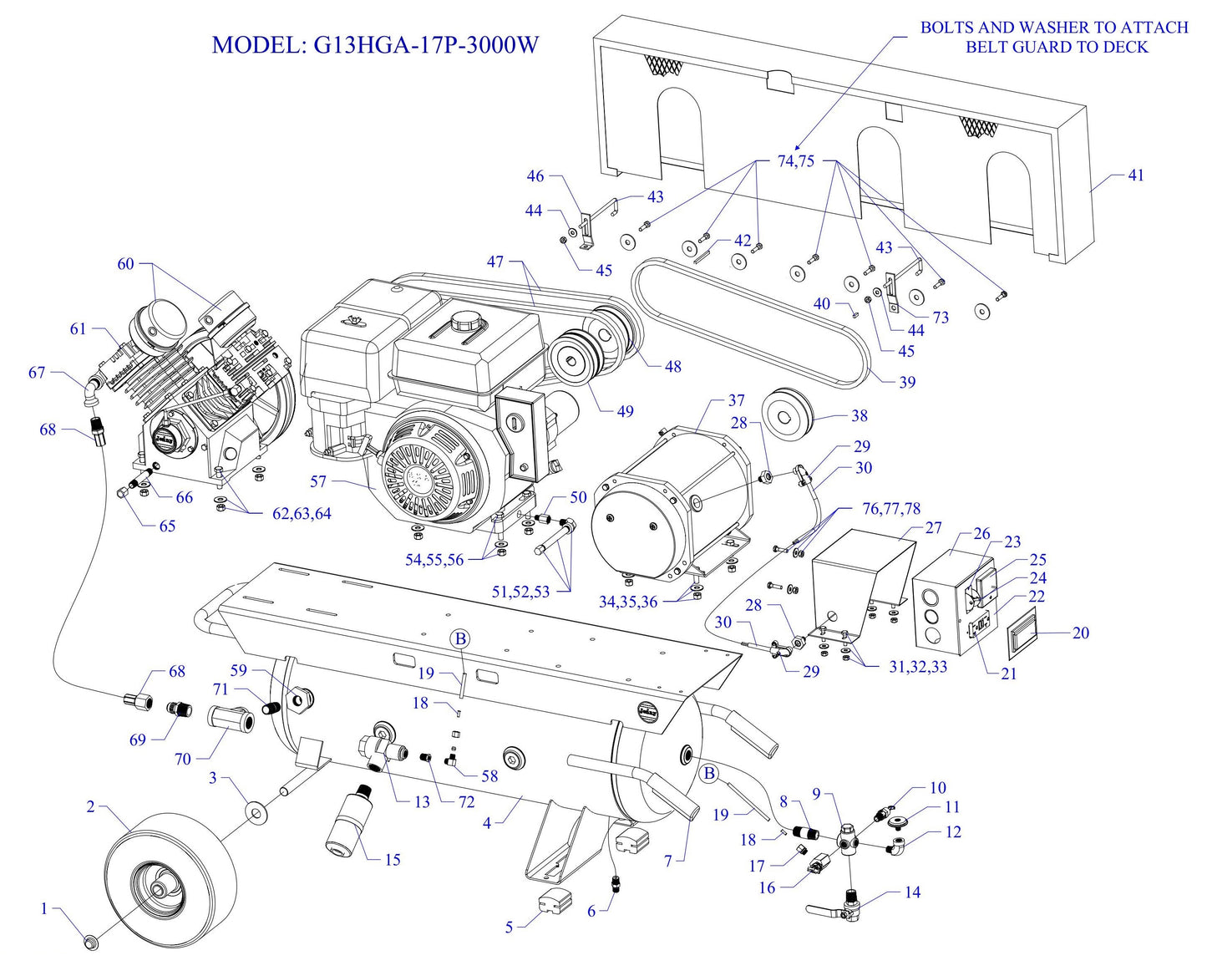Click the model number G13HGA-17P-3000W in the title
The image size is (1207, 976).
point(426,44)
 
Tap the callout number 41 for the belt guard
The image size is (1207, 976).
point(1136,175)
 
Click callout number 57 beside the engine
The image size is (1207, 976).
point(318,482)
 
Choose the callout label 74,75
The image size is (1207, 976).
point(795,161)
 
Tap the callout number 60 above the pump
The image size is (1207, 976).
point(125,264)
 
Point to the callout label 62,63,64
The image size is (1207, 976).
point(302,514)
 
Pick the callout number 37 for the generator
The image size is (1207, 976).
point(736,401)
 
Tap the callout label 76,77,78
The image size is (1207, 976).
point(891,509)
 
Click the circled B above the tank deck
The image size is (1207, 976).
point(460,639)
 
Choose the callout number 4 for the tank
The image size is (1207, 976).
point(487,823)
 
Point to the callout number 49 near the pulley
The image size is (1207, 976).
point(625,411)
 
